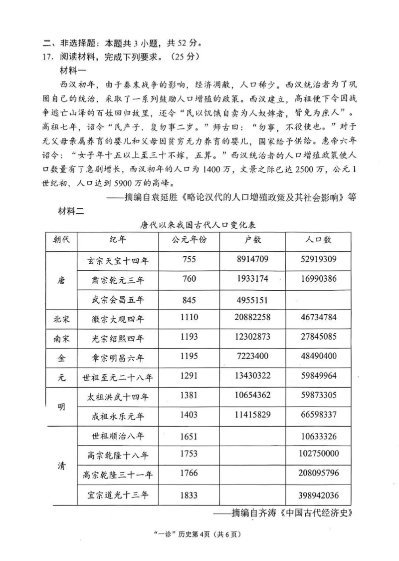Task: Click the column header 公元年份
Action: click(189, 240)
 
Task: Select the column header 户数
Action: click(253, 240)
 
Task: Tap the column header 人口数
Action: click(319, 240)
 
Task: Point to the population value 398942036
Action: click(320, 495)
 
